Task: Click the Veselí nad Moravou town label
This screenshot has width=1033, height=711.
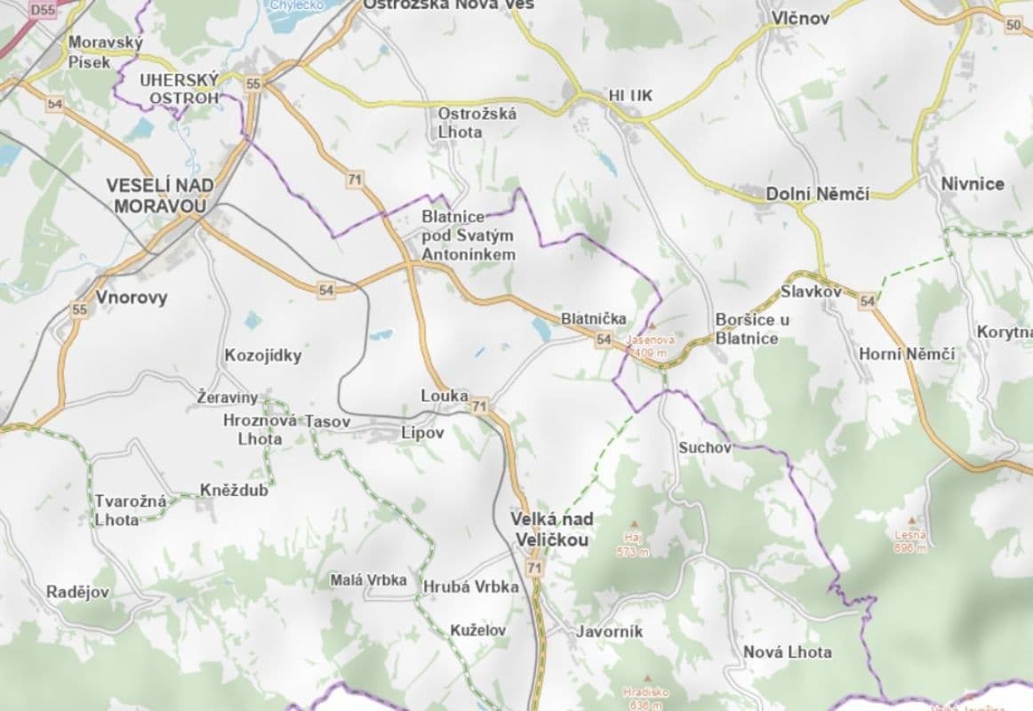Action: point(156,196)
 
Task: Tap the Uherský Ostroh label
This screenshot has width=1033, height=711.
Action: point(179,89)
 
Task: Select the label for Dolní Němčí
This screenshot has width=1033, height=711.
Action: point(818,194)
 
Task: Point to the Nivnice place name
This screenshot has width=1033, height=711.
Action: point(973,184)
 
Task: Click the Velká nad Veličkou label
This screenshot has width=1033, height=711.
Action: point(551,528)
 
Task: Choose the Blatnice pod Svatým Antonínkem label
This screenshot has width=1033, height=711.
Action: point(468,235)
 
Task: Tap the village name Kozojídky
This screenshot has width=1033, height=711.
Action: point(263,355)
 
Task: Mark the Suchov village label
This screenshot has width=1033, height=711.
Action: point(704,447)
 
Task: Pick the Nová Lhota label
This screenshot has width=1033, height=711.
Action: point(788,651)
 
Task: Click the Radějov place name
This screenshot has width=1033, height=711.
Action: point(78,592)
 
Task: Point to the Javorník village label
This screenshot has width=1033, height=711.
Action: point(609,632)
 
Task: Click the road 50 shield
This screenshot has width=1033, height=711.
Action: point(1013,25)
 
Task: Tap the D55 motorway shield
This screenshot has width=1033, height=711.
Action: point(42,11)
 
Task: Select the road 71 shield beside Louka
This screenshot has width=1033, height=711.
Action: point(480,407)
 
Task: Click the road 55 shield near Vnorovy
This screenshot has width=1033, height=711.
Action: point(80,309)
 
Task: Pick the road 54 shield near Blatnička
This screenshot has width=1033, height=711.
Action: point(604,339)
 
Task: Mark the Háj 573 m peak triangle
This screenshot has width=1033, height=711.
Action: point(633,523)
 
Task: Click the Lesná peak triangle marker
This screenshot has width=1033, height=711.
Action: point(910,520)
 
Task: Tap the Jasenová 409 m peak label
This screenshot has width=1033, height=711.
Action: point(652,346)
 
